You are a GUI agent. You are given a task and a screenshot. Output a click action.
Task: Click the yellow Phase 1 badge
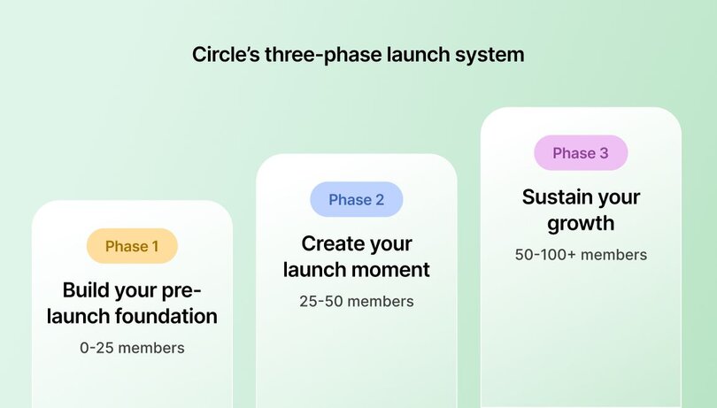tap(132, 246)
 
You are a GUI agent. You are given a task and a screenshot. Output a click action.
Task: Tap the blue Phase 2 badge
tap(356, 200)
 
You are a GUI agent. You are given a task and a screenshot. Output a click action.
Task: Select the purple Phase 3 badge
tap(581, 153)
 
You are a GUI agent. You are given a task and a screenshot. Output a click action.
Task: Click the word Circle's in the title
tap(223, 54)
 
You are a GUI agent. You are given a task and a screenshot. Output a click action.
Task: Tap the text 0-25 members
tap(132, 348)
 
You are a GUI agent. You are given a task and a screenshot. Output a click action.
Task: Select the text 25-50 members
tap(356, 301)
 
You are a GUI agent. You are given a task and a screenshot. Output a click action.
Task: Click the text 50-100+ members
tap(581, 255)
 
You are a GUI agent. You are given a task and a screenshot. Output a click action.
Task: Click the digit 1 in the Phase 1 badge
tap(155, 246)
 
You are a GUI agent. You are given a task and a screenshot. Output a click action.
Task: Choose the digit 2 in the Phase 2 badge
tap(380, 200)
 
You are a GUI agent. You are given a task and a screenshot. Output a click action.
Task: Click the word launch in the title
tap(404, 54)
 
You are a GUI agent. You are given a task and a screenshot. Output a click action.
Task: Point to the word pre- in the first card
tap(182, 290)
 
